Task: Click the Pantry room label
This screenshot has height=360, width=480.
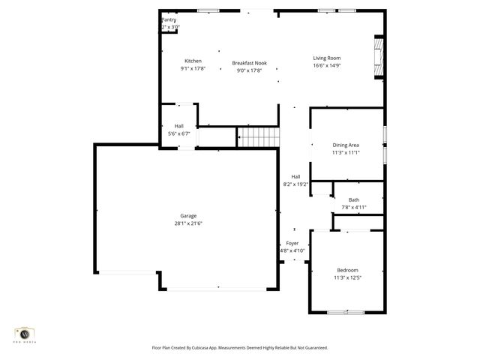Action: click(x=169, y=20)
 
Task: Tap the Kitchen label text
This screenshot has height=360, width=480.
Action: click(x=193, y=61)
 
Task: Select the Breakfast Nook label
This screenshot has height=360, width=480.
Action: click(x=249, y=63)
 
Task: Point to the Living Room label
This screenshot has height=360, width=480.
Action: click(x=327, y=58)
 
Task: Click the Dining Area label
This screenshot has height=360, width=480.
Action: click(x=346, y=145)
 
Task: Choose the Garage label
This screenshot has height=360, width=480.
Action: click(x=188, y=215)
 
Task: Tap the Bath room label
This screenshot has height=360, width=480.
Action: click(x=353, y=199)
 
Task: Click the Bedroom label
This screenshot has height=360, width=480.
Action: click(x=347, y=270)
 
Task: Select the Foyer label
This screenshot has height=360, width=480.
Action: click(x=292, y=244)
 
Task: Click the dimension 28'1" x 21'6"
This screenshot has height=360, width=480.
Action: click(x=188, y=223)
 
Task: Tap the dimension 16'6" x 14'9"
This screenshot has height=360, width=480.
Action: click(x=327, y=65)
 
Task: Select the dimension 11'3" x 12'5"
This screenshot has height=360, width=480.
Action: click(x=347, y=277)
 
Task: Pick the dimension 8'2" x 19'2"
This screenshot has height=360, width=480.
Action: click(x=296, y=184)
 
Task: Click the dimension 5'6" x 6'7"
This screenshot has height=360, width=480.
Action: click(x=179, y=133)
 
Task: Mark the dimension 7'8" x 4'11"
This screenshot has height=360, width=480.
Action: click(x=353, y=207)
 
